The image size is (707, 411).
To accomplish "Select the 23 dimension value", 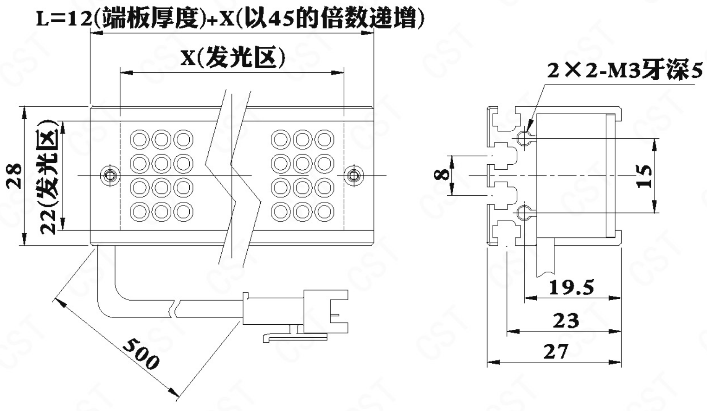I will (x=566, y=321).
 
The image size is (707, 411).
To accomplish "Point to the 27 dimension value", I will (x=556, y=352).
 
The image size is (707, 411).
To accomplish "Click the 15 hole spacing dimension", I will (x=644, y=176).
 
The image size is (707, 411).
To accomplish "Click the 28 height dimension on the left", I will (x=15, y=175).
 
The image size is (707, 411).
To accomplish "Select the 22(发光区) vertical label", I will (x=48, y=176).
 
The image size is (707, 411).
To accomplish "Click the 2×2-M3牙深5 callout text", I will (x=625, y=71).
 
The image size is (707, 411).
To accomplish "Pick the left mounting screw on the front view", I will (x=110, y=175).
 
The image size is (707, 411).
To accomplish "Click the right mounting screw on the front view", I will (x=353, y=175).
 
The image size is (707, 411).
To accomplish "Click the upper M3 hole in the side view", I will (x=523, y=138).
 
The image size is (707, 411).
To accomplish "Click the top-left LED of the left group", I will (x=140, y=139).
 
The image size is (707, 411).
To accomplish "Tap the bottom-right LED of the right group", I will (x=324, y=212).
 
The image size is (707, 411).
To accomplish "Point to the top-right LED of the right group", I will (x=324, y=139).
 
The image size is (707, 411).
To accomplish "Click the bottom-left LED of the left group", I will (x=140, y=212).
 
